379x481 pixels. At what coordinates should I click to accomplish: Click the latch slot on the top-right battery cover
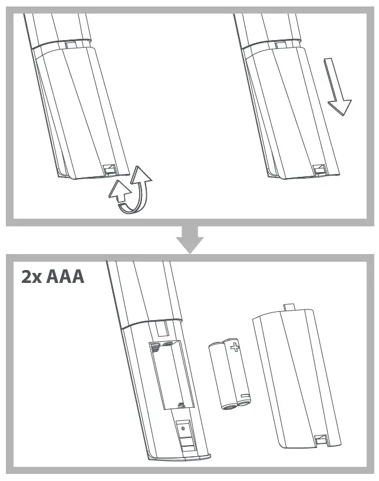[x=321, y=169]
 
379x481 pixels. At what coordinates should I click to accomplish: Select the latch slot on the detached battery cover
[x=322, y=439]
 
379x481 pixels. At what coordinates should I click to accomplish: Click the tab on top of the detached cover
[x=288, y=307]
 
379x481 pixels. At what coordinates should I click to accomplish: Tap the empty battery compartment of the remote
[x=171, y=374]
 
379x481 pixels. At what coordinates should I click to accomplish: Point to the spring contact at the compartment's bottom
[x=182, y=404]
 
